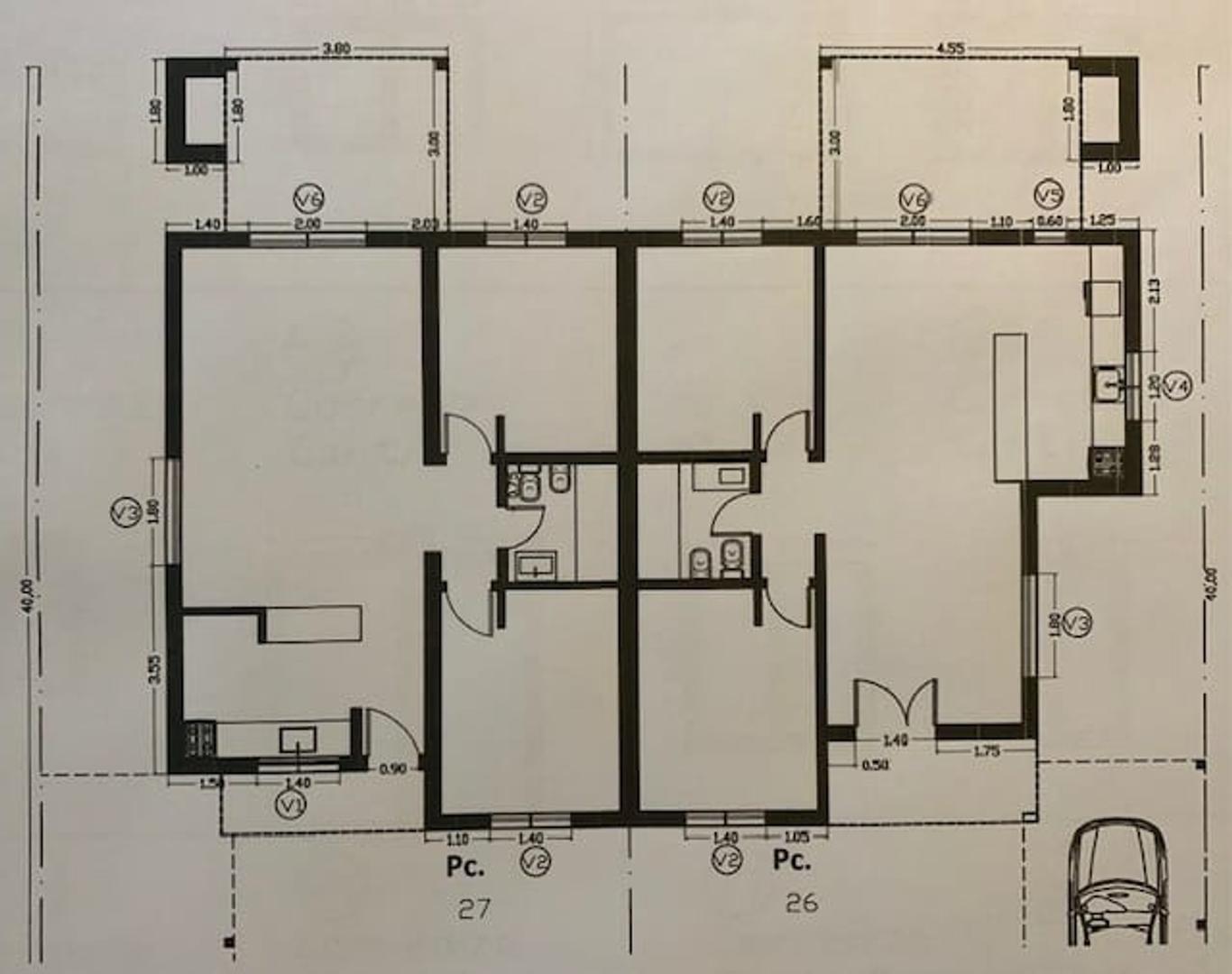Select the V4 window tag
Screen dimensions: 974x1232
pos(1176,386)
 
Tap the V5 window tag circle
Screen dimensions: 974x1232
pos(1048,195)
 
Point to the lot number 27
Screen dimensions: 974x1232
pos(473,908)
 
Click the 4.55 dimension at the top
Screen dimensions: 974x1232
pos(951,49)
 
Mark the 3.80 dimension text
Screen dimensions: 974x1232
pos(336,49)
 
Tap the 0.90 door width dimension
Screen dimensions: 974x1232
pos(392,769)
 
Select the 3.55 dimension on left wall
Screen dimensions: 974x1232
pos(154,668)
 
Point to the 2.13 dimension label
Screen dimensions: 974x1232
pos(1155,290)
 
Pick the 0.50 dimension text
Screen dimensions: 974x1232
pos(874,765)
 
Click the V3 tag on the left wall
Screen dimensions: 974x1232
pos(124,514)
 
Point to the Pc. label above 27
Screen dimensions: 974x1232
pos(465,867)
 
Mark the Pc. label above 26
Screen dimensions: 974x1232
pos(791,860)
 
